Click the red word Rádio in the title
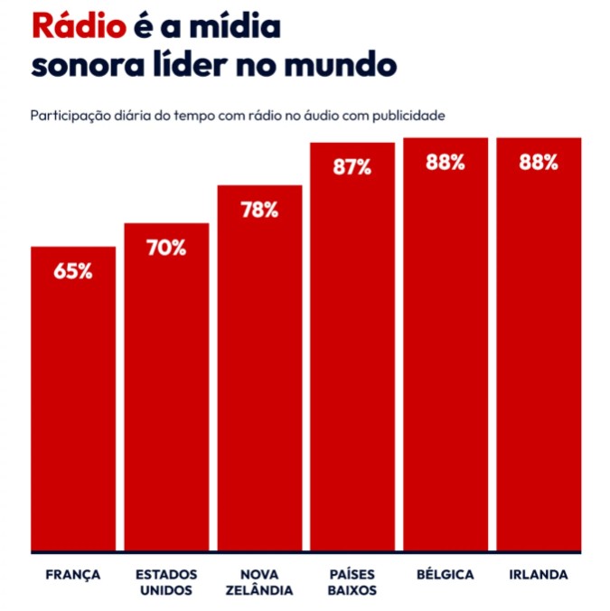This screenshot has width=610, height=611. click(x=78, y=26)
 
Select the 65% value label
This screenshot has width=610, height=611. click(x=73, y=269)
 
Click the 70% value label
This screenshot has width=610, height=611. click(x=166, y=247)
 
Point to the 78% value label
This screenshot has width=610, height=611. click(x=259, y=209)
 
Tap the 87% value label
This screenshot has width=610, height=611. click(x=352, y=166)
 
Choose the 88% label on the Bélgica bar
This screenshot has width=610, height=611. click(x=446, y=163)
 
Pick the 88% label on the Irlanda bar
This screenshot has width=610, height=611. click(x=539, y=163)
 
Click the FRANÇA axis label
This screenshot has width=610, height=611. click(x=72, y=575)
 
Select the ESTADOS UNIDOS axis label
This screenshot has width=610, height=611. click(x=166, y=583)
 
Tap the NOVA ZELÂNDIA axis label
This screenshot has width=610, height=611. click(x=259, y=583)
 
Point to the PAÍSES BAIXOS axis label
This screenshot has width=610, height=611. click(x=352, y=583)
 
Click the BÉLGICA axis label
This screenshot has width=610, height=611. click(x=446, y=575)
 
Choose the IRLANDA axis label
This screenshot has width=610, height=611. click(x=539, y=575)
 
